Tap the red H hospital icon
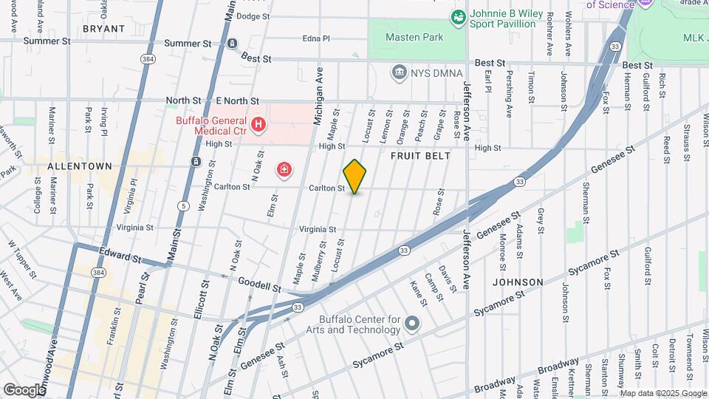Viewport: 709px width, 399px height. coord(258,125)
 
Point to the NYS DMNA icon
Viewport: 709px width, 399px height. coord(400,72)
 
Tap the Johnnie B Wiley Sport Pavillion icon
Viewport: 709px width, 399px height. coord(459,15)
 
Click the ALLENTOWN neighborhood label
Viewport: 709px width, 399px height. coord(79,167)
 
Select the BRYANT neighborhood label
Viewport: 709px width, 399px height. coord(103,28)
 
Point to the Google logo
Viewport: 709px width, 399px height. coord(24,389)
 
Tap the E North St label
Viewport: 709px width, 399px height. coord(237,100)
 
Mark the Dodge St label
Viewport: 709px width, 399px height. coord(253,16)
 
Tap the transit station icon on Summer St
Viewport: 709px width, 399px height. coord(232,44)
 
